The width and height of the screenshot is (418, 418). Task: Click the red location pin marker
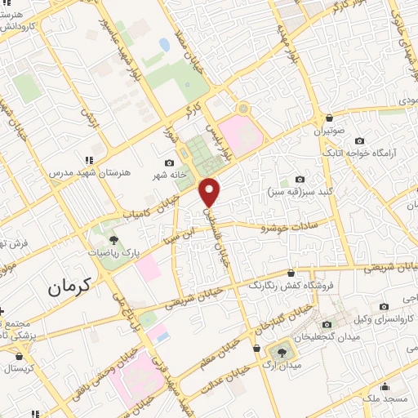(x=211, y=191)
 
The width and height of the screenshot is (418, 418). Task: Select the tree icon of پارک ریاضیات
(x=113, y=240)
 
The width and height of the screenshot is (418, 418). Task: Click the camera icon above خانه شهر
(x=169, y=162)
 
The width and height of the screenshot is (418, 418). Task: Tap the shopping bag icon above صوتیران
(x=328, y=118)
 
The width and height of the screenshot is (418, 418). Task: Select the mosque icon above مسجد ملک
(x=385, y=387)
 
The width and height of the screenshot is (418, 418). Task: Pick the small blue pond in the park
(x=164, y=45)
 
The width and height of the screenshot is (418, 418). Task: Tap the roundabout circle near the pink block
(x=242, y=109)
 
